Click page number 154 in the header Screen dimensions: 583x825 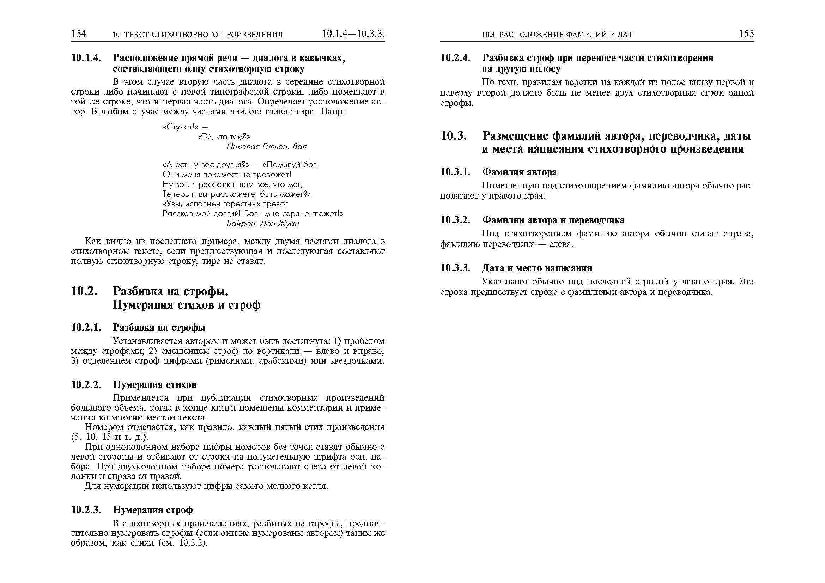tap(79, 34)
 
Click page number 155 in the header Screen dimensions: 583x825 tap(746, 34)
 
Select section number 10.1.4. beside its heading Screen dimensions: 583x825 tap(86, 58)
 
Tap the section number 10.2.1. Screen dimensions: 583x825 tap(86, 328)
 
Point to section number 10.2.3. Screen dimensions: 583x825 tap(86, 510)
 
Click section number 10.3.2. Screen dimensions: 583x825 tap(455, 220)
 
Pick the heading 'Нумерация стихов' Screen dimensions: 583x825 tap(154, 385)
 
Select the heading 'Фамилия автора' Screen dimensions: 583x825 tap(519, 172)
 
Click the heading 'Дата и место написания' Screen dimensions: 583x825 tap(537, 268)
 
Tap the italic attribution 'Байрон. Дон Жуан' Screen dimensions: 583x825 tap(263, 223)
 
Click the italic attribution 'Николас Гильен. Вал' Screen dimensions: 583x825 tap(266, 147)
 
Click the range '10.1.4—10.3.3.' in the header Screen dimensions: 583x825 tap(353, 34)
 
